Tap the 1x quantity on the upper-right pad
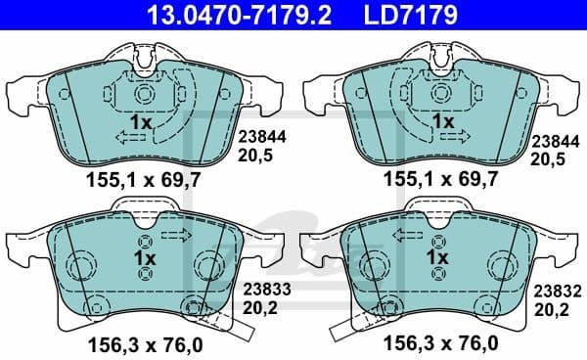[x=443, y=123]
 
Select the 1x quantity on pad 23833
[x=144, y=257]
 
